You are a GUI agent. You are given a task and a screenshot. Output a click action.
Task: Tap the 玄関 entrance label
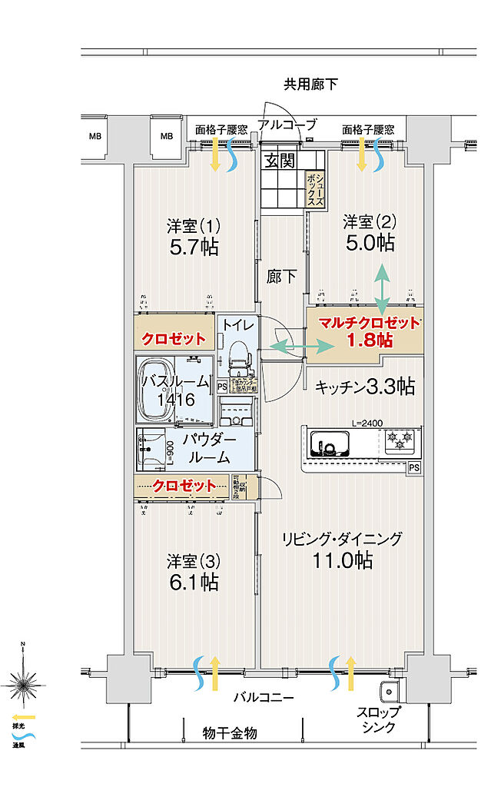[281, 161]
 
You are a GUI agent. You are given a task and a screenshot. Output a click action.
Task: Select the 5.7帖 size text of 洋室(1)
[194, 247]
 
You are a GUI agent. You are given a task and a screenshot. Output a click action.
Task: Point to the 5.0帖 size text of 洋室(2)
[370, 243]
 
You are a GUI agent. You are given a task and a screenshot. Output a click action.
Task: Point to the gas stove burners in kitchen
[400, 441]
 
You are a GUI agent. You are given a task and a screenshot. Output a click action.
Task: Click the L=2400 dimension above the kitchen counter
[367, 422]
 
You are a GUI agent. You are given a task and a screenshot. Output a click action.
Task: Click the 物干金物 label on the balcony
[230, 733]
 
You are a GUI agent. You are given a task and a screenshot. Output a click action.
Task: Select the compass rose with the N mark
[23, 680]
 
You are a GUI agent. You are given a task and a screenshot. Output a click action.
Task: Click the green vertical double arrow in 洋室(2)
[381, 287]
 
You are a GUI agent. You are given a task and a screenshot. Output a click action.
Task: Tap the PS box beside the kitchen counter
[414, 467]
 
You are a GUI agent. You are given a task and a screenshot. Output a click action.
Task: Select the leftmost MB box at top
[95, 137]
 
